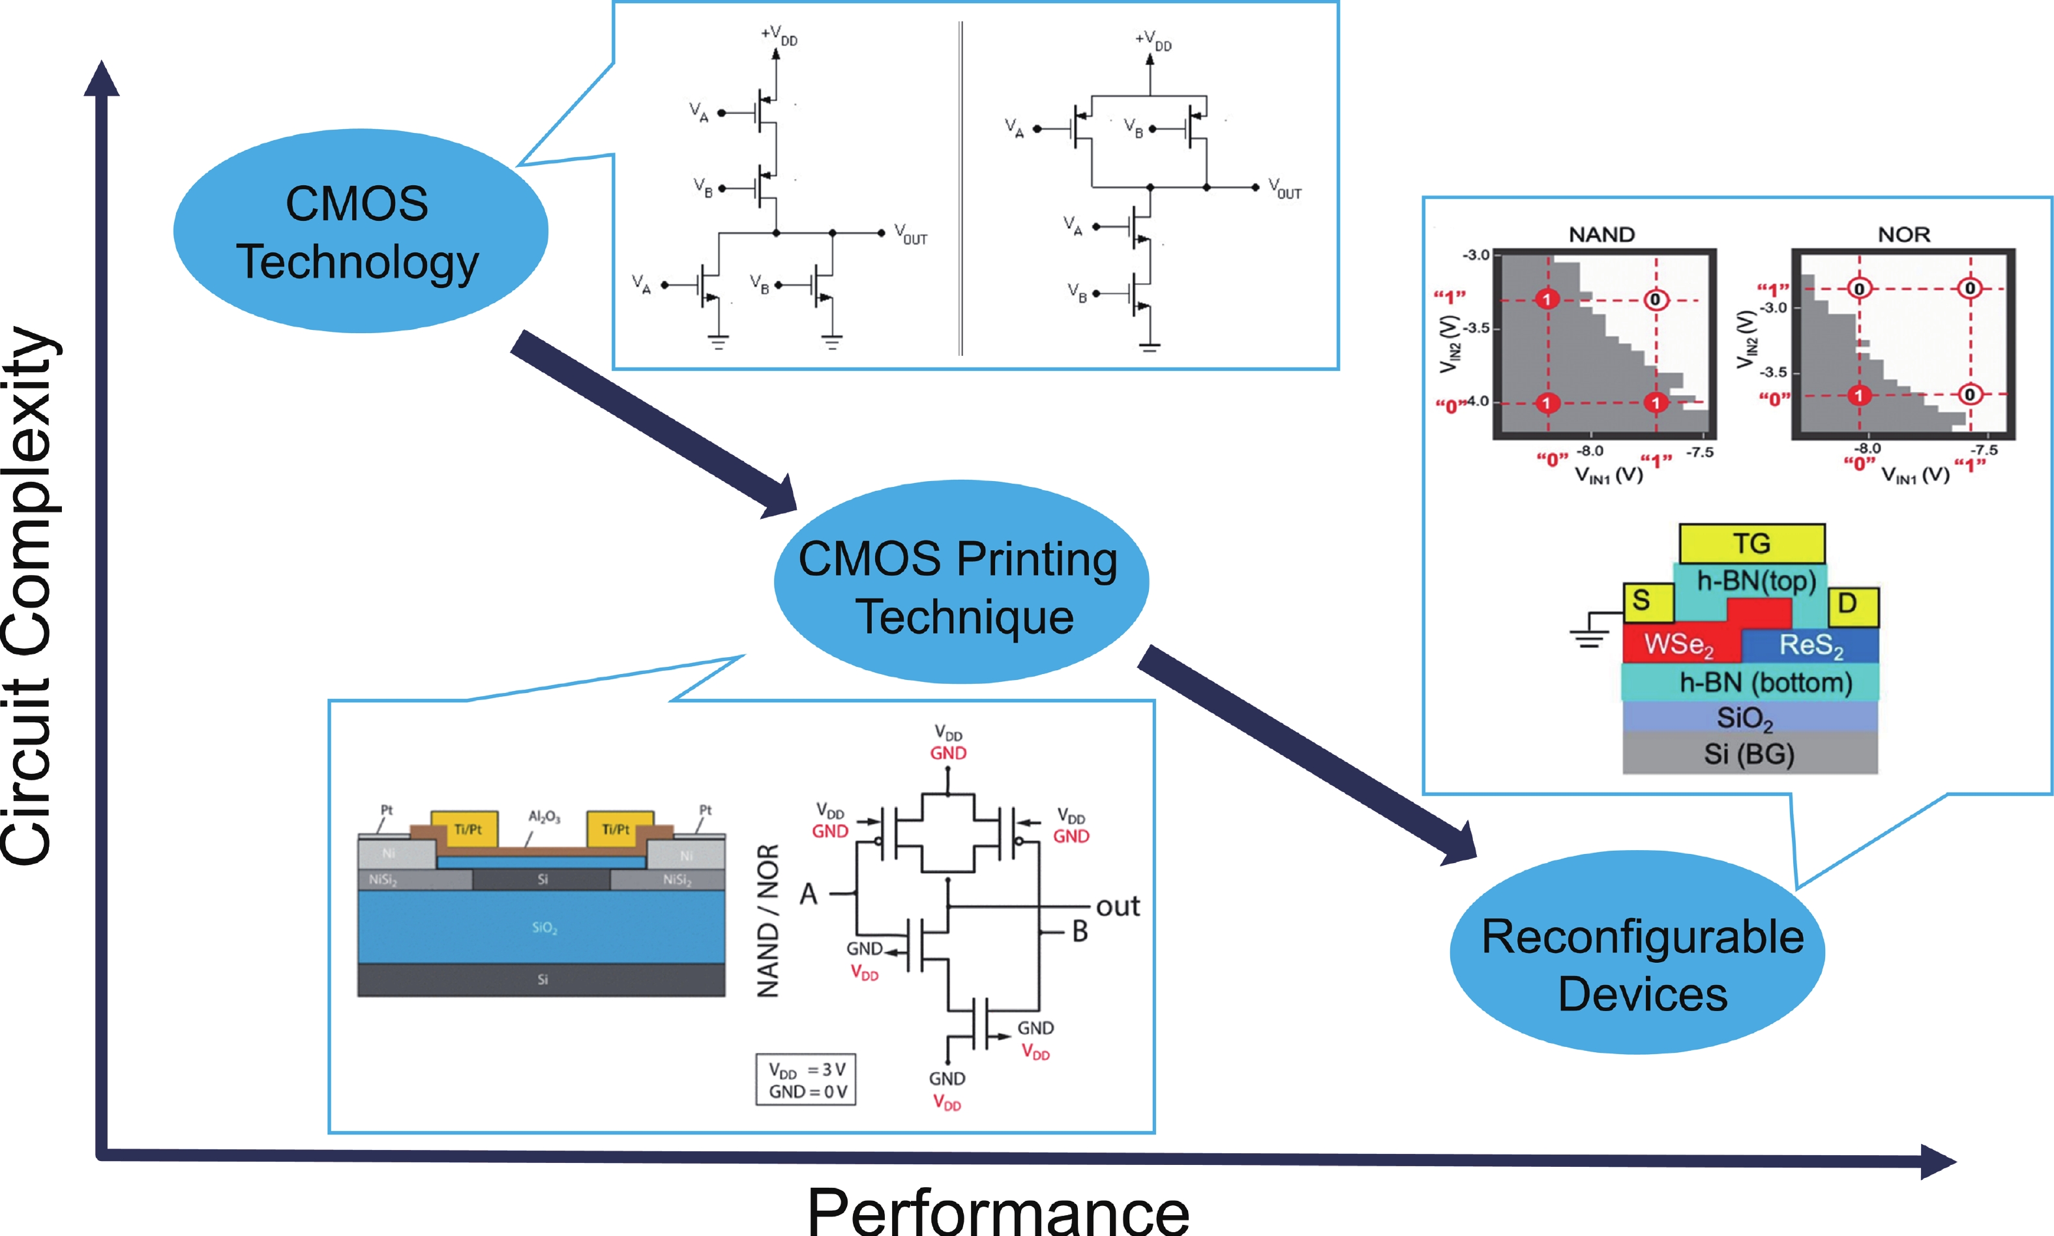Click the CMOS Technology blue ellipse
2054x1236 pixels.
pyautogui.click(x=360, y=231)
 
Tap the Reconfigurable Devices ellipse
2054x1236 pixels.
pyautogui.click(x=1637, y=954)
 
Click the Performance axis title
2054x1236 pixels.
pyautogui.click(x=998, y=1210)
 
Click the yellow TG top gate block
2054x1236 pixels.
pyautogui.click(x=1751, y=544)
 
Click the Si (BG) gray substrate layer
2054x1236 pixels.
pyautogui.click(x=1749, y=754)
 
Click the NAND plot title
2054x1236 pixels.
pyautogui.click(x=1601, y=235)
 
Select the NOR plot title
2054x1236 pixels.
pyautogui.click(x=1903, y=235)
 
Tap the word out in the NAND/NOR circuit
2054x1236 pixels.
pyautogui.click(x=1117, y=906)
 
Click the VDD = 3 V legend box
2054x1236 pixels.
pyautogui.click(x=805, y=1080)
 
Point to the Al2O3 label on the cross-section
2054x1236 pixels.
pyautogui.click(x=544, y=817)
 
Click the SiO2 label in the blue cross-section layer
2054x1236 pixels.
pyautogui.click(x=544, y=928)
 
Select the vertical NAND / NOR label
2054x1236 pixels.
pyautogui.click(x=767, y=920)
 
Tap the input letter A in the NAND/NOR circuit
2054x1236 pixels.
pyautogui.click(x=808, y=894)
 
